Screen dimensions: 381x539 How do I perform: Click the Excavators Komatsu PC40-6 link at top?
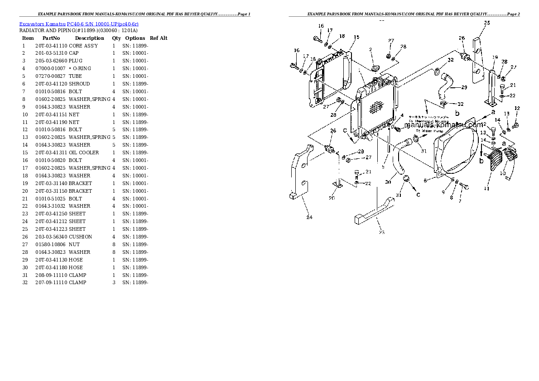click(x=79, y=23)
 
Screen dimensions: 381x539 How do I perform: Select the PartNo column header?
click(x=51, y=38)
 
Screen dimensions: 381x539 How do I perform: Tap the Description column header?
click(x=89, y=38)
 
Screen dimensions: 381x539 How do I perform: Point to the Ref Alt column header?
click(x=159, y=38)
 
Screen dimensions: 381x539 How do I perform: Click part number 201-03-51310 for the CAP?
click(x=51, y=53)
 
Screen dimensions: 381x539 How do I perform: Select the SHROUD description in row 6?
click(x=79, y=84)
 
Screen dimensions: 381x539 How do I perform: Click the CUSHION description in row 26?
click(x=80, y=237)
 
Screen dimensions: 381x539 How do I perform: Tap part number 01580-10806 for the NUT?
click(x=51, y=244)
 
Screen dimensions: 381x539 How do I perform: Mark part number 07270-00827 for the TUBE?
click(x=51, y=76)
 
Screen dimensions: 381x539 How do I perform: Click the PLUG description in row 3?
click(x=76, y=61)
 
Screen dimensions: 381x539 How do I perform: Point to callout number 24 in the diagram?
click(x=309, y=217)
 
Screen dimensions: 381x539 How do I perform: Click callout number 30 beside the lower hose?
click(x=388, y=182)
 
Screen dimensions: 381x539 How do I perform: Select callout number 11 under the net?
click(x=486, y=188)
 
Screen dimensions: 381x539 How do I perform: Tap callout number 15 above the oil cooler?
click(x=356, y=37)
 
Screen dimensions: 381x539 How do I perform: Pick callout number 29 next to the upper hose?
click(x=464, y=87)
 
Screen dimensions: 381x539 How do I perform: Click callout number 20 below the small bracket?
click(x=332, y=198)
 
